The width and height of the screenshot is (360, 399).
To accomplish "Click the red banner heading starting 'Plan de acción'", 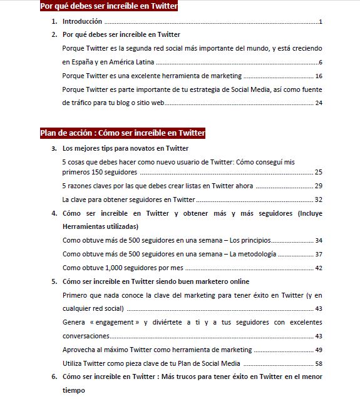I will click(x=123, y=133).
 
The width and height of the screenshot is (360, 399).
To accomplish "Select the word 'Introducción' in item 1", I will click(x=82, y=22).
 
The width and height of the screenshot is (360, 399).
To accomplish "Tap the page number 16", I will click(x=319, y=76).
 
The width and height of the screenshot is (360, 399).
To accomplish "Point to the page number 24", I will click(x=319, y=103).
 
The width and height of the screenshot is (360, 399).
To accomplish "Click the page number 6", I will click(x=320, y=63).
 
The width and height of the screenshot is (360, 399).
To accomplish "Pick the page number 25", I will click(x=319, y=172).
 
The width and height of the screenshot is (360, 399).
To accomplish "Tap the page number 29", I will click(x=319, y=186).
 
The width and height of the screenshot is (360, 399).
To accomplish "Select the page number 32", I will click(x=319, y=199).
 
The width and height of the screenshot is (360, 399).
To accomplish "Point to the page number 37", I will click(x=319, y=254).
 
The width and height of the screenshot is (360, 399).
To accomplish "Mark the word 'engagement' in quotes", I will click(x=116, y=322).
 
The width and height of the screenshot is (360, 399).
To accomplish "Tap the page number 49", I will click(x=319, y=350).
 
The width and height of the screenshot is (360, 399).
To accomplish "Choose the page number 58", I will click(x=319, y=363).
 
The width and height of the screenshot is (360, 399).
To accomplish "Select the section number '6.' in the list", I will click(x=54, y=377).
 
